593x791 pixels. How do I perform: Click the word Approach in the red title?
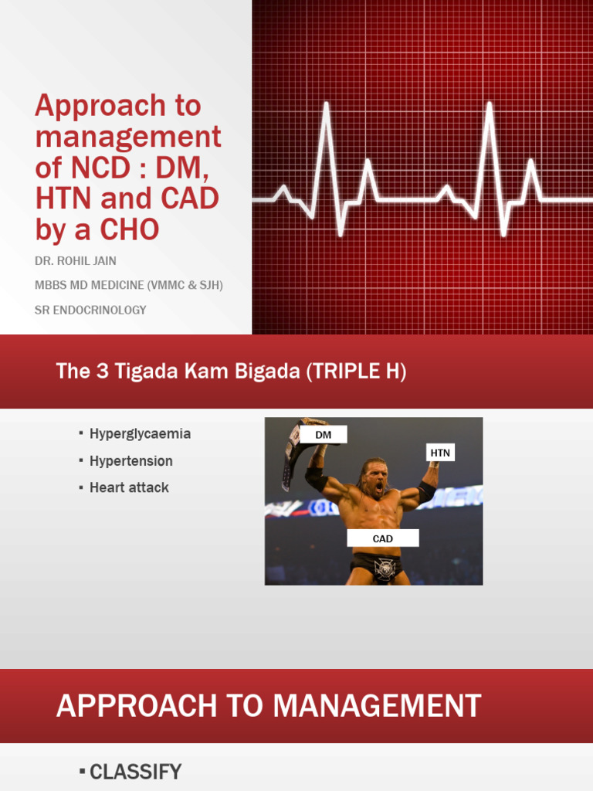tap(100, 106)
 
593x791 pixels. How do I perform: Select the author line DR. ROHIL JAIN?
tap(75, 261)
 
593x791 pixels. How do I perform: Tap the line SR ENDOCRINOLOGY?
tap(90, 310)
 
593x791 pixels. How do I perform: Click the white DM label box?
tap(323, 436)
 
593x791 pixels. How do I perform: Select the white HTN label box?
tap(439, 453)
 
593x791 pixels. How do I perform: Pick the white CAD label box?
tap(382, 538)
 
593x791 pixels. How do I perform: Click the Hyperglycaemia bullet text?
tap(140, 434)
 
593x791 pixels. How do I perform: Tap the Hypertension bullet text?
tap(130, 461)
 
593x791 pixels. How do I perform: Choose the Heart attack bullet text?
tap(129, 488)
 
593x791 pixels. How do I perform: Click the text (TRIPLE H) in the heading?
tap(356, 372)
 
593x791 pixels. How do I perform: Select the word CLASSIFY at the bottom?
tap(136, 772)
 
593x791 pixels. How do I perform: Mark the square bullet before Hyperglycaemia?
tap(81, 433)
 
